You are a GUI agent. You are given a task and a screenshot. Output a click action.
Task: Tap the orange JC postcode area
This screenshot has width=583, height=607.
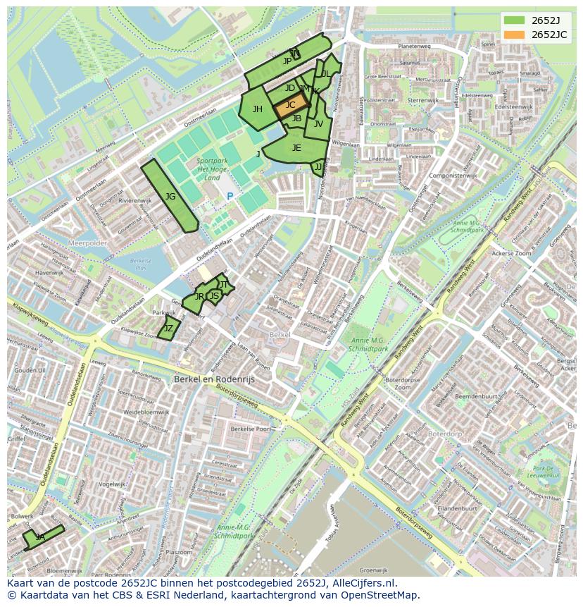click(291, 106)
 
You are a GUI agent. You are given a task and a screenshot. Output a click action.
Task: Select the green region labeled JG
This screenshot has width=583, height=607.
click(170, 197)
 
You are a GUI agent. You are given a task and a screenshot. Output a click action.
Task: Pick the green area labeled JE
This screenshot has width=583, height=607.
click(296, 149)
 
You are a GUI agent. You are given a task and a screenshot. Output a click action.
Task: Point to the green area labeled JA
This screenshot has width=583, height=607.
click(41, 537)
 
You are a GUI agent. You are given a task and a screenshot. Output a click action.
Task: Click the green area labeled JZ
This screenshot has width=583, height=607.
click(169, 329)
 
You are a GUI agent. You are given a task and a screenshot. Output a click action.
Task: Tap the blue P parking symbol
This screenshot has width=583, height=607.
click(230, 197)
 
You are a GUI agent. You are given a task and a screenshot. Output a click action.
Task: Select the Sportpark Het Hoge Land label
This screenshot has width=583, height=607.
click(212, 169)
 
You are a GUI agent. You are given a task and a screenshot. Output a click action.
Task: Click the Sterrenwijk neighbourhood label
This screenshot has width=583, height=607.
click(422, 100)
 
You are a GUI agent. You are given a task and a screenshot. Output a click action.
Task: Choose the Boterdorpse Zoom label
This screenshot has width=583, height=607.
click(403, 384)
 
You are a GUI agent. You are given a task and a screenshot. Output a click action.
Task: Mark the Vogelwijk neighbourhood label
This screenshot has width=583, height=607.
click(111, 484)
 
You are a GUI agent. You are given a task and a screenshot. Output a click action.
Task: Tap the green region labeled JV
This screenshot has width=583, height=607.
click(318, 124)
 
